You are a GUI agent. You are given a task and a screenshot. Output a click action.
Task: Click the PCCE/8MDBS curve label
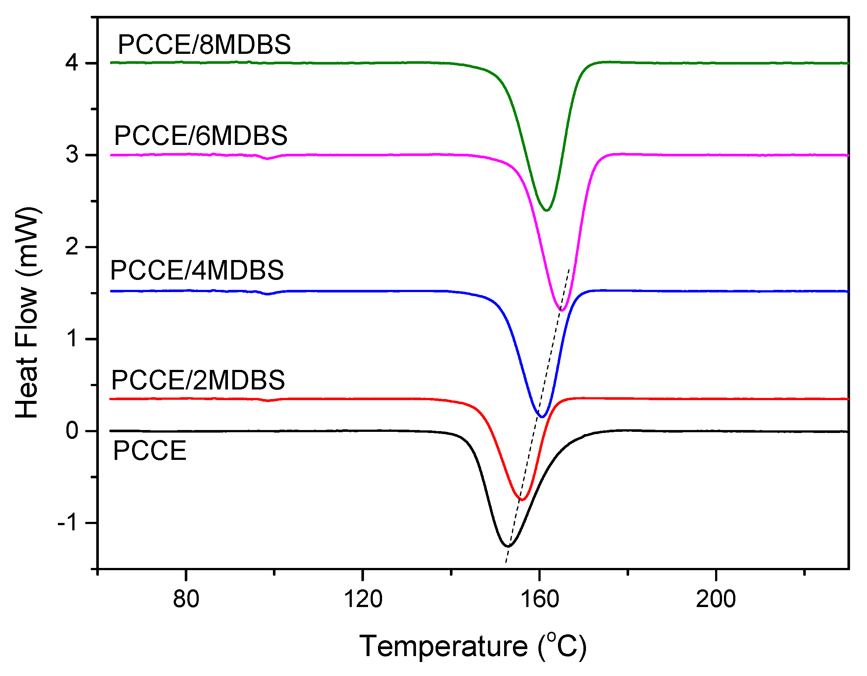[x=204, y=45]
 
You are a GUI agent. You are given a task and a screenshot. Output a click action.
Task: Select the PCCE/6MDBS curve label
[x=201, y=136]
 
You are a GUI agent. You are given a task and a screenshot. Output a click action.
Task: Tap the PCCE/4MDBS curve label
[x=197, y=270]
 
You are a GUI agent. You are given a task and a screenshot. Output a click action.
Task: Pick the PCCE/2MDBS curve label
[x=198, y=380]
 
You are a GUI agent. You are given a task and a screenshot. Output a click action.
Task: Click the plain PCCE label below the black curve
[x=150, y=451]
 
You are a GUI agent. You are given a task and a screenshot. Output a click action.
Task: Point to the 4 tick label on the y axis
[x=72, y=63]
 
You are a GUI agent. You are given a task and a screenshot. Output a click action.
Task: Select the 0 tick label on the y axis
[x=72, y=431]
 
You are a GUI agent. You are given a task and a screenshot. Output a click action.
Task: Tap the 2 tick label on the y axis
[x=72, y=247]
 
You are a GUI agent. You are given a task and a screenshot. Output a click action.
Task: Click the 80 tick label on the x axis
[x=186, y=599]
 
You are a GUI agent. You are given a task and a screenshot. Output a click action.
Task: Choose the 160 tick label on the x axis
[x=539, y=599]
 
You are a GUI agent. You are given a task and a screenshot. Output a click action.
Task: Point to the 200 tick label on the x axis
[x=716, y=599]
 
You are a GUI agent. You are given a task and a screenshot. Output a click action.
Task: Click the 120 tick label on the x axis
[x=363, y=599]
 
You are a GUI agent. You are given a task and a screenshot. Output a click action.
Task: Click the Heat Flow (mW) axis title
[x=27, y=312]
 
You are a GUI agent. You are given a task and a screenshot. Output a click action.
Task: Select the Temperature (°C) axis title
[x=472, y=646]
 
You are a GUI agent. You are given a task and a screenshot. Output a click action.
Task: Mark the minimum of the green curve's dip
[x=547, y=210]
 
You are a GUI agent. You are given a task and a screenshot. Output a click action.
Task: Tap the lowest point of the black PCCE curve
[x=507, y=547]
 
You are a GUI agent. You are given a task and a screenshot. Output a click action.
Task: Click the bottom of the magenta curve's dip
[x=562, y=311]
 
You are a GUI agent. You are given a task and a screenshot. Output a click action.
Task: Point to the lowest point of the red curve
[x=522, y=500]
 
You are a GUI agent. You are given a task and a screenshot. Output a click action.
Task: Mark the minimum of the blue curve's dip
[x=541, y=417]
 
